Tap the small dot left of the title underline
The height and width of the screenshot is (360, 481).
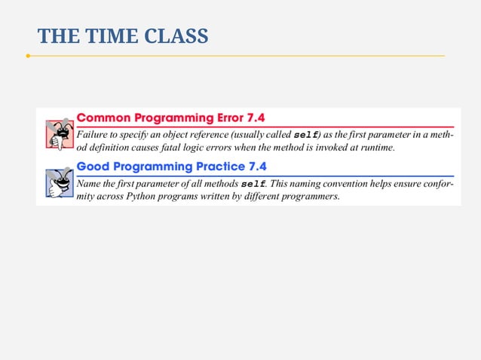(x=27, y=56)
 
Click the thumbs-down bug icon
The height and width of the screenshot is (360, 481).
(x=57, y=134)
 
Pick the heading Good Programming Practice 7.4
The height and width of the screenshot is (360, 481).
(x=172, y=166)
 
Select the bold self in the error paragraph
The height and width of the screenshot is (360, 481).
(x=305, y=134)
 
